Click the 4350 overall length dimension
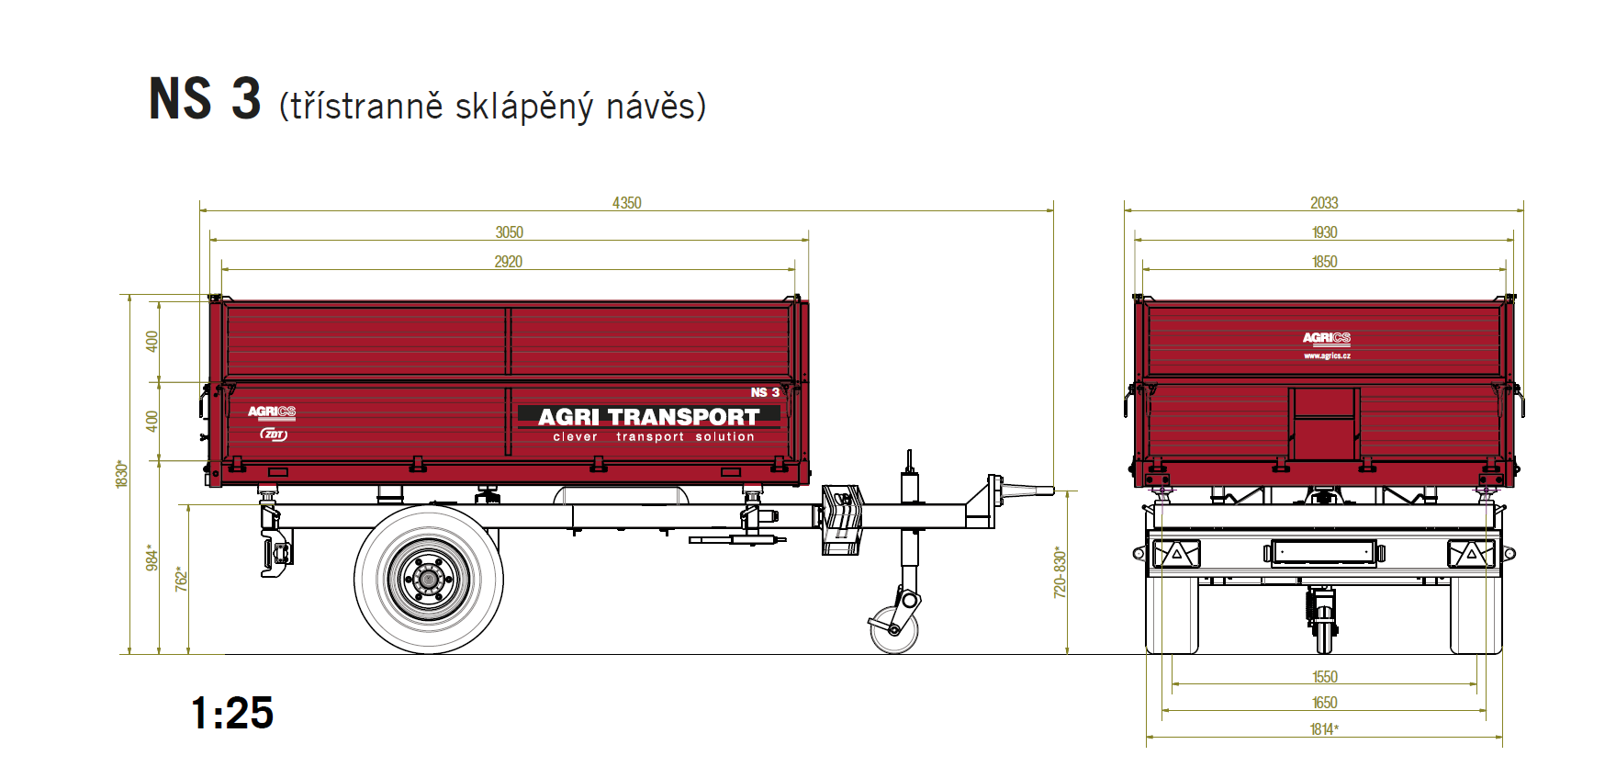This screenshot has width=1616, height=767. point(627,202)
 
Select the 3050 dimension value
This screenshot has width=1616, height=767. point(510,232)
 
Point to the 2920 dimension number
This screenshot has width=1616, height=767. point(509,262)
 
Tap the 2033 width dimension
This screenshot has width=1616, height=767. point(1324,202)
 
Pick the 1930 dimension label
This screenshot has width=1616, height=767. point(1325,232)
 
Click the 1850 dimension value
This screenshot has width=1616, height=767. point(1325,262)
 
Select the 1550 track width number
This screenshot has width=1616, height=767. point(1325,677)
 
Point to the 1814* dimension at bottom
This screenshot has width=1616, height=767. point(1324,729)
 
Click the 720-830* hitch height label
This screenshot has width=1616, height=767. point(1060,572)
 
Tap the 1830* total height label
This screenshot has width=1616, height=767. point(121,474)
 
